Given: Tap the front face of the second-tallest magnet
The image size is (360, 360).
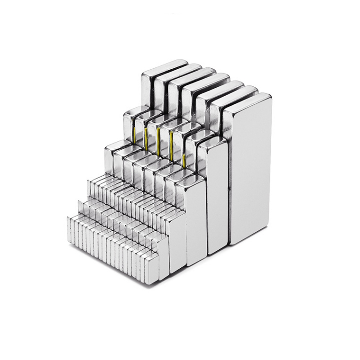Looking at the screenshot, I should click(218, 195).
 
